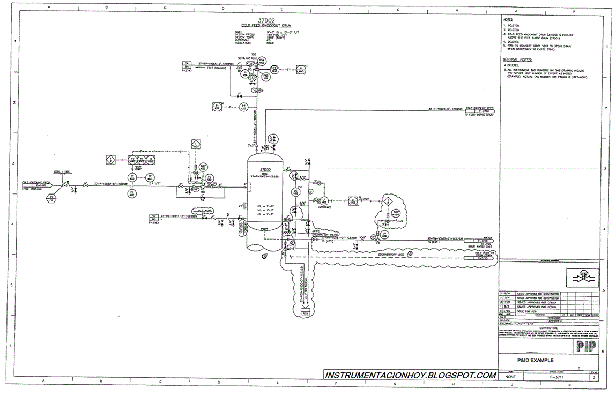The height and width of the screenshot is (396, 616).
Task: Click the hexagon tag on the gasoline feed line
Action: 51,198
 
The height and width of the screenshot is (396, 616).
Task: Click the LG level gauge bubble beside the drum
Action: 295,191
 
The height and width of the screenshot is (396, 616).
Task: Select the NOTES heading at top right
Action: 509,20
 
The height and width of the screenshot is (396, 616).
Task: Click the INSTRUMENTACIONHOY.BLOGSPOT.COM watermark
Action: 410,376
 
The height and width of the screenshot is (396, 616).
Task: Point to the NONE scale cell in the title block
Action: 509,377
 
